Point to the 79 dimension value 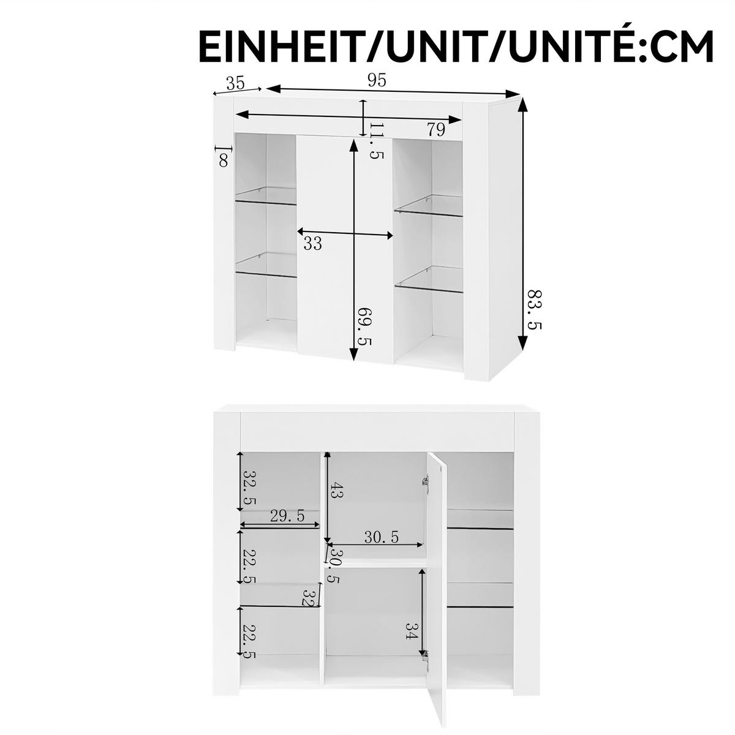point(435,130)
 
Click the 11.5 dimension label point(376,141)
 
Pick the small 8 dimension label point(224,160)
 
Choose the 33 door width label point(312,244)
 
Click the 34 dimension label point(410,631)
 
